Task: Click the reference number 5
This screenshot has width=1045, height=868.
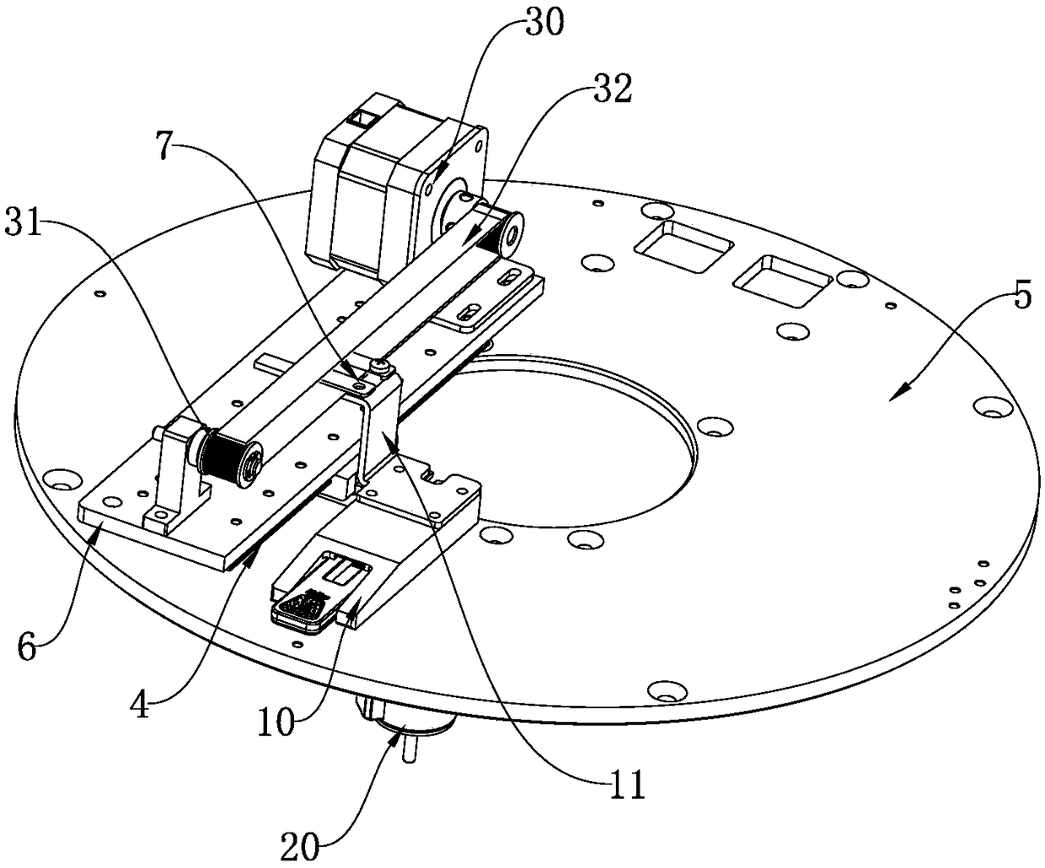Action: tap(1021, 298)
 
